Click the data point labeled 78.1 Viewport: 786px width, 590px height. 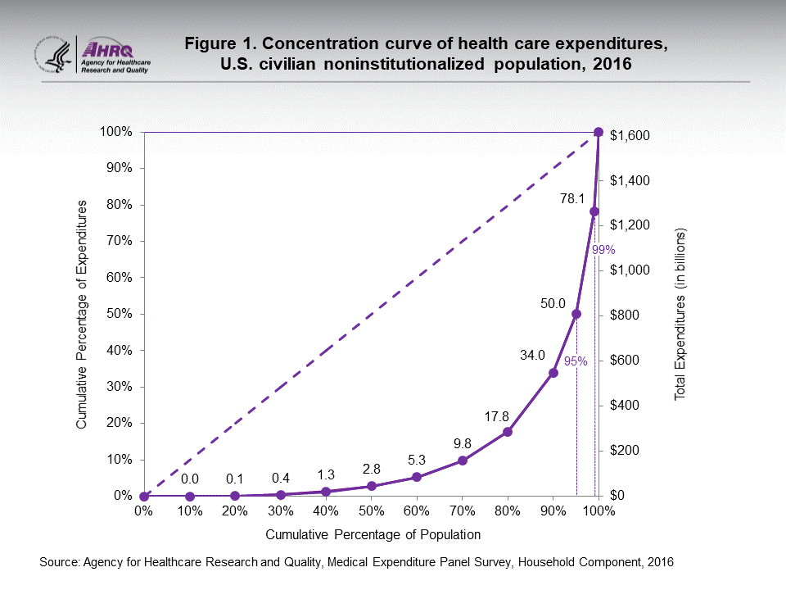pyautogui.click(x=594, y=211)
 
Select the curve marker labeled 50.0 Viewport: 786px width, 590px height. pyautogui.click(x=576, y=314)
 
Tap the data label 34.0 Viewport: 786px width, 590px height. pyautogui.click(x=532, y=355)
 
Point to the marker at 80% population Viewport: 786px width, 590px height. pyautogui.click(x=508, y=432)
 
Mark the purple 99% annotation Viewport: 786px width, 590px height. pyautogui.click(x=603, y=250)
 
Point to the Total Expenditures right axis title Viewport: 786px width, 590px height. pyautogui.click(x=679, y=315)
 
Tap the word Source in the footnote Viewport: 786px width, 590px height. pyautogui.click(x=57, y=562)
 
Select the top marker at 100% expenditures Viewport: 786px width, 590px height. pyautogui.click(x=599, y=132)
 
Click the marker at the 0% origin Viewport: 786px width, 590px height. pyautogui.click(x=144, y=496)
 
